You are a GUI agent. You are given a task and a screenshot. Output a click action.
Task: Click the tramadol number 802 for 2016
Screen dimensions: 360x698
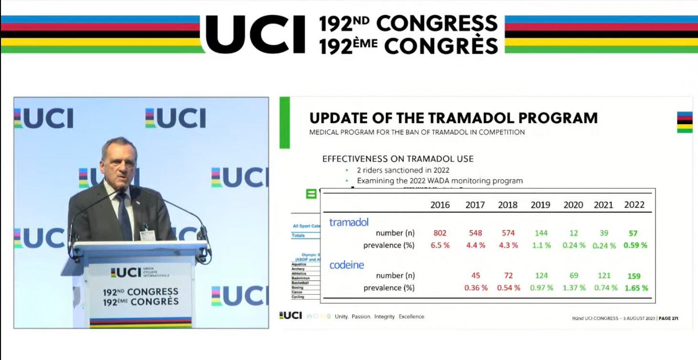click(x=440, y=233)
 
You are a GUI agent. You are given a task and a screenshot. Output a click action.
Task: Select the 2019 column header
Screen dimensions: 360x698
click(x=540, y=205)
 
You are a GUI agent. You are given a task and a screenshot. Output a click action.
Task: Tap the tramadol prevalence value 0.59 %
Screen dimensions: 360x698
click(x=635, y=245)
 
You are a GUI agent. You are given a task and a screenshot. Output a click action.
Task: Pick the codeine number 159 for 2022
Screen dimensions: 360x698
click(x=633, y=276)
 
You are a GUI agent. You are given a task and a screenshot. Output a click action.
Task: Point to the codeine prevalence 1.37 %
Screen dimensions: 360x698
click(x=574, y=288)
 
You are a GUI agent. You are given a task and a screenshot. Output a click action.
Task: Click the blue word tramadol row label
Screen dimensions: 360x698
click(x=349, y=222)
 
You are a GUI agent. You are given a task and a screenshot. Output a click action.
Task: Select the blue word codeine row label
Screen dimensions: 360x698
click(x=347, y=264)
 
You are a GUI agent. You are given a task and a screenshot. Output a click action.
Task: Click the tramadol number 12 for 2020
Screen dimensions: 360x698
click(x=574, y=233)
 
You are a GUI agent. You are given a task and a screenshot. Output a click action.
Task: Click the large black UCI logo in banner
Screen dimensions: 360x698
click(x=255, y=34)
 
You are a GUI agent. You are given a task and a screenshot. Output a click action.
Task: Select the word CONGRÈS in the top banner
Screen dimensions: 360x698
click(x=441, y=46)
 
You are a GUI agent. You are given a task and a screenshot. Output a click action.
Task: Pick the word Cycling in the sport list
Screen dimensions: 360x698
click(x=298, y=297)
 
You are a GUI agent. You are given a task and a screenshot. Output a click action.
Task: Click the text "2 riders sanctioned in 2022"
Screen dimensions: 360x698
click(x=403, y=170)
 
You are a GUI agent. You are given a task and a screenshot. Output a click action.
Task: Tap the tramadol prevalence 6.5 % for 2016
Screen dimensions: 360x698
click(x=440, y=245)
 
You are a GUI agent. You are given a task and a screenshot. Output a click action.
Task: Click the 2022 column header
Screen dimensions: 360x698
click(x=634, y=205)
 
